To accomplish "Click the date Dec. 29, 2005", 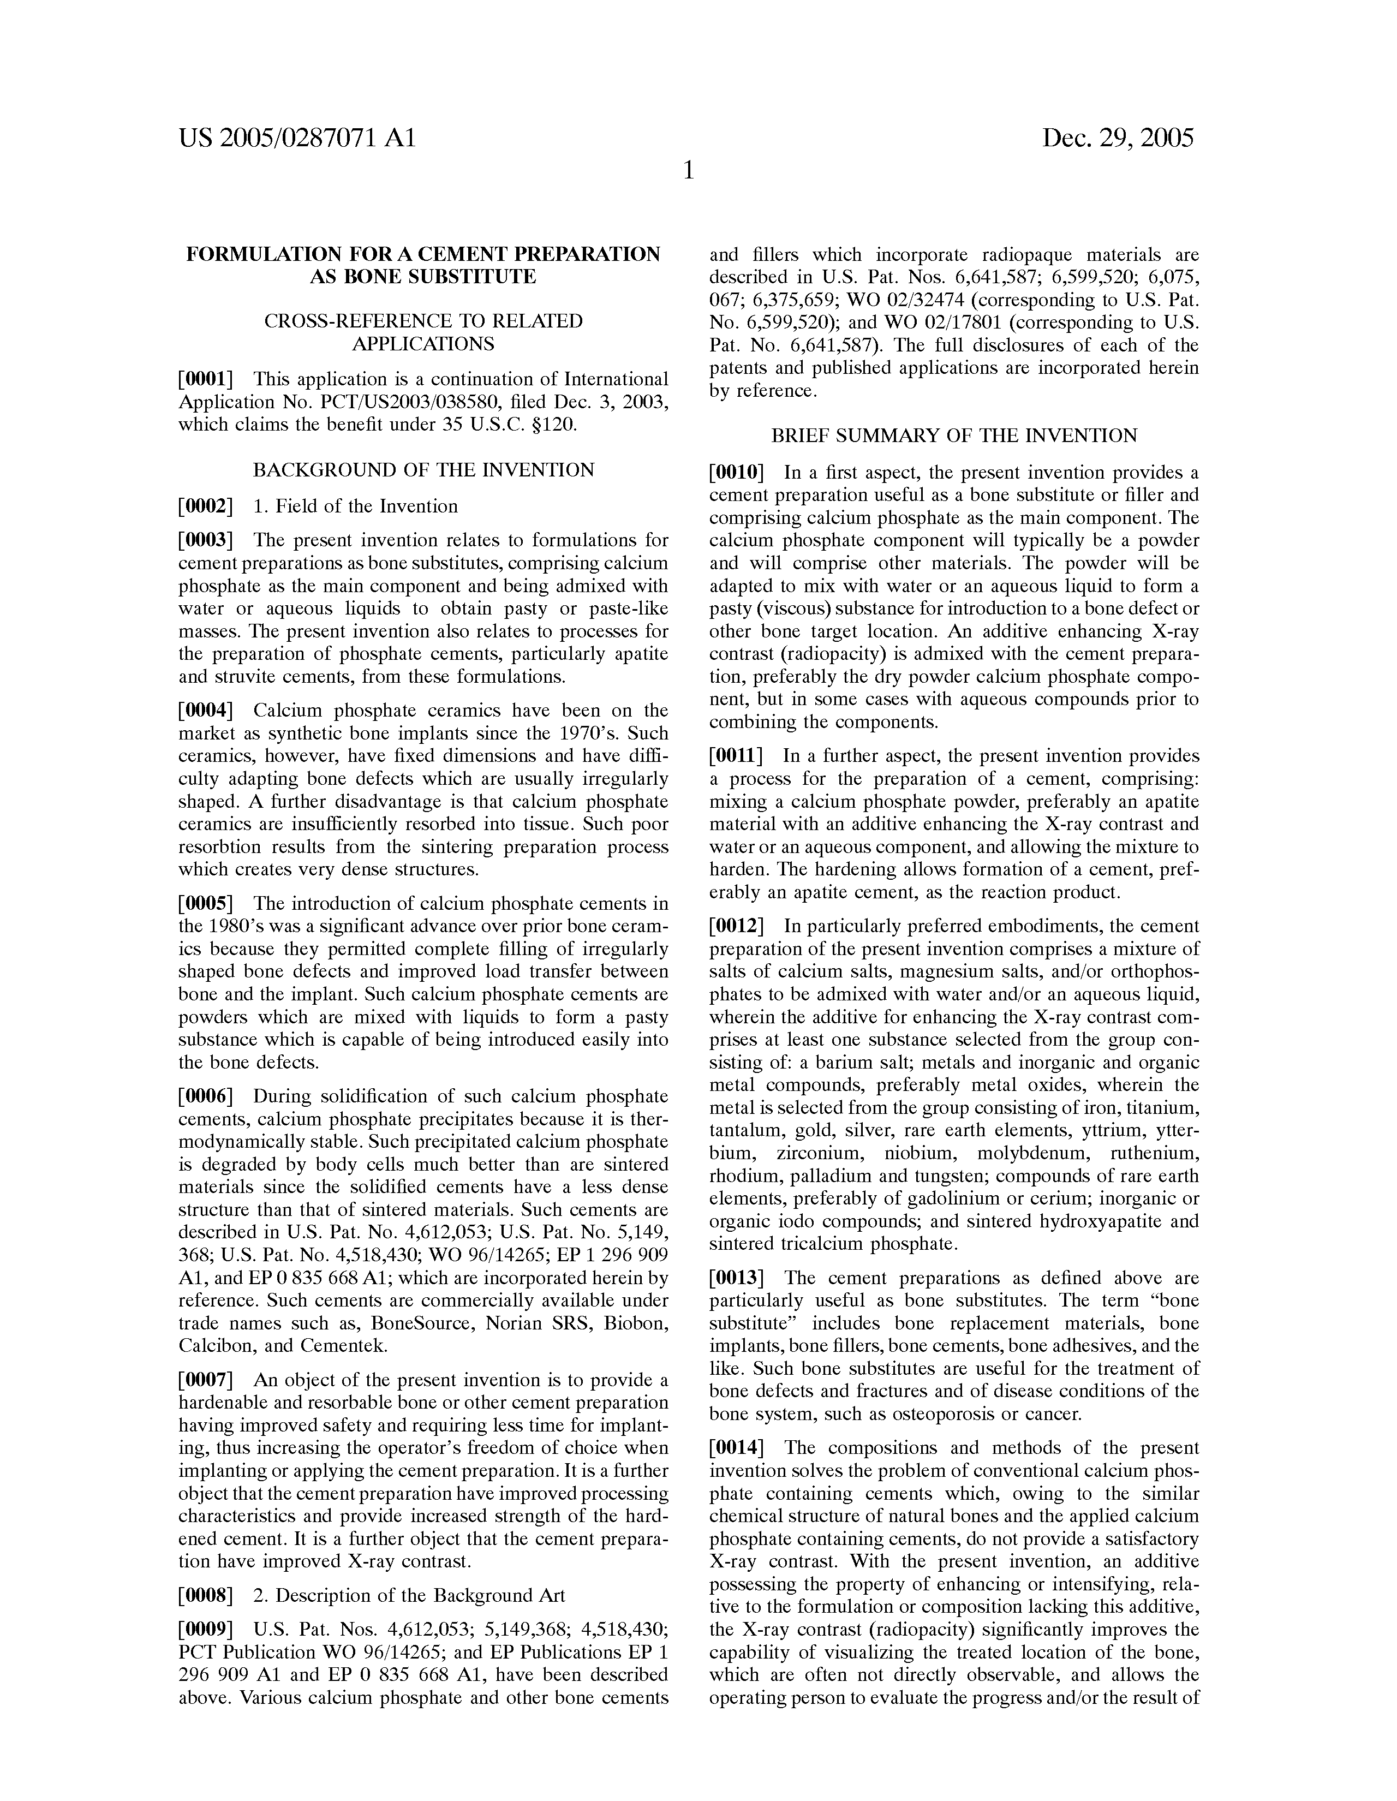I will (1118, 138).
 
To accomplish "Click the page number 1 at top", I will (689, 171).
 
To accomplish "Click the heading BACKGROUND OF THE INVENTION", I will (423, 470).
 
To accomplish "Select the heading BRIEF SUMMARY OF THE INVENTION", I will (954, 436).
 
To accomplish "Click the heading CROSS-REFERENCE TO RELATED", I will (423, 321).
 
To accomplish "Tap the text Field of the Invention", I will (367, 506).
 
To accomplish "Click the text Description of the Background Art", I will (420, 1596).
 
